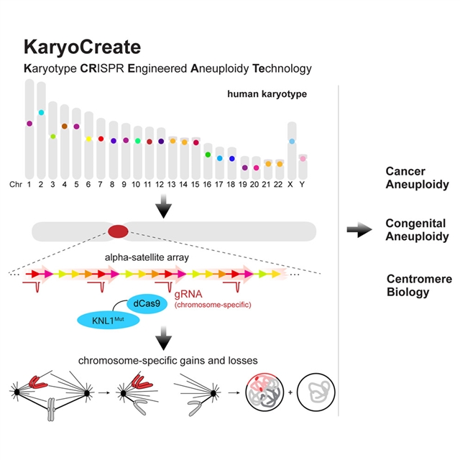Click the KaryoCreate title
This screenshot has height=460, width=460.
[83, 47]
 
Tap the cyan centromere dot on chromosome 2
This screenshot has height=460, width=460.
[41, 113]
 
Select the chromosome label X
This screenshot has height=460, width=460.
[292, 185]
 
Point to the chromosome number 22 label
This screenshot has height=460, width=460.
[280, 185]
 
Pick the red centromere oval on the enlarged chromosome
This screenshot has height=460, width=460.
[118, 231]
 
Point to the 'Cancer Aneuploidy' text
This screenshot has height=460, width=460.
[406, 178]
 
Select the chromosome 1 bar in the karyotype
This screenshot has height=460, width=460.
[29, 129]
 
